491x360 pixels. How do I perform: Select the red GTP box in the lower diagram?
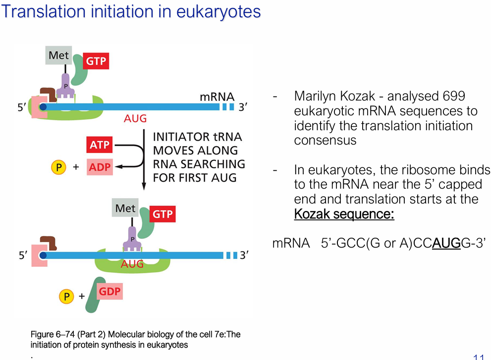163,214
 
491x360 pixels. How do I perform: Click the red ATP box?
100,145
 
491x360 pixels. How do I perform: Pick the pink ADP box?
100,167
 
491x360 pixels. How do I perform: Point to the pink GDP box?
109,291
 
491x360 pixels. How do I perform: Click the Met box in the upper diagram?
58,55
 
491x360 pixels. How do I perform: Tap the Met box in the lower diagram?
125,208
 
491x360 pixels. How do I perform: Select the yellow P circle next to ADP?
58,167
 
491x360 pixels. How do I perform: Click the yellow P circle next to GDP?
66,297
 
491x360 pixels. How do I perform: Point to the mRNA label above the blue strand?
217,97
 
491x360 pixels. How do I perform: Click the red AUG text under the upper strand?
135,119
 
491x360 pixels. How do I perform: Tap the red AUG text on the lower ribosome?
132,264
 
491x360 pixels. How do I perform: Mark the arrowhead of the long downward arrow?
144,187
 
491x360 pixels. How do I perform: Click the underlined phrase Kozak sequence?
344,214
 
